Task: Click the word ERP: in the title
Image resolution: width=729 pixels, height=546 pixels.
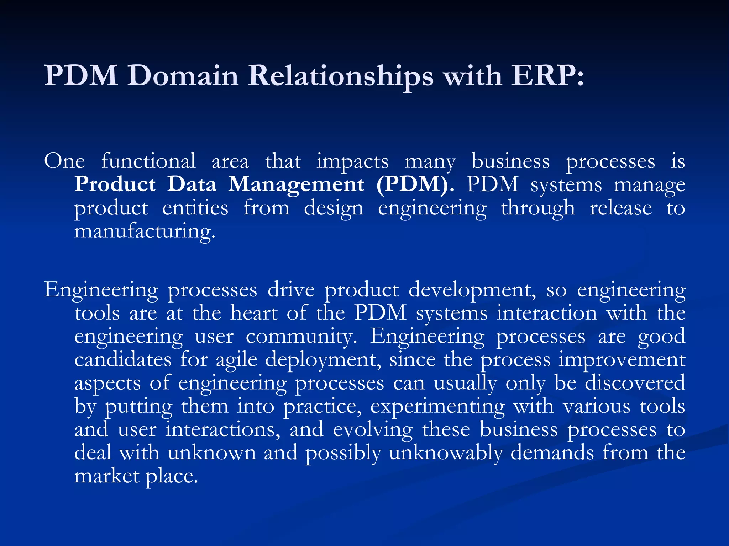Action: (547, 76)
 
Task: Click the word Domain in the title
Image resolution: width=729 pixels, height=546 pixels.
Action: (183, 76)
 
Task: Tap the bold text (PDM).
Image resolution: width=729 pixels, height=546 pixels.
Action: (415, 184)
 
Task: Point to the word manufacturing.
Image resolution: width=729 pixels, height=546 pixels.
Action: (145, 231)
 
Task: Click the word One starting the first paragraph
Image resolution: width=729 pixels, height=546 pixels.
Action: (64, 161)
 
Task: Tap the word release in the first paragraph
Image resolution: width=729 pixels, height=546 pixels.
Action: (621, 208)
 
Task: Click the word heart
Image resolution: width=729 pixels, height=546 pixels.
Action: (254, 313)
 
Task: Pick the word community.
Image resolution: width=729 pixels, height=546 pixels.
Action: (301, 337)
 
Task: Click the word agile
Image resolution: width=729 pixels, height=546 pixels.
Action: (236, 360)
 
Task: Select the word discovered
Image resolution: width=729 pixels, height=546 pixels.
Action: (635, 383)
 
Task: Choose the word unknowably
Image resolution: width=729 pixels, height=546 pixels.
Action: (446, 453)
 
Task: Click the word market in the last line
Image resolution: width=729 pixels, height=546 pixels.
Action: (106, 476)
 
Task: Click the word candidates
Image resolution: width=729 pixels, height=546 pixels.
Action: (123, 359)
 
